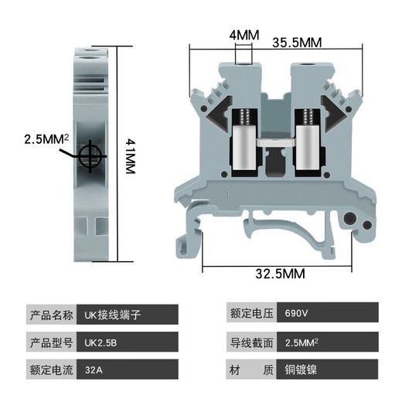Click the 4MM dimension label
pyautogui.click(x=243, y=36)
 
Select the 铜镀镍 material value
pyautogui.click(x=300, y=370)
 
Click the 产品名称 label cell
pyautogui.click(x=51, y=315)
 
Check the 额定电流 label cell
pyautogui.click(x=51, y=370)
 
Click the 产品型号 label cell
pyautogui.click(x=51, y=342)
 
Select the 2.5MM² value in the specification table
pyautogui.click(x=303, y=342)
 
